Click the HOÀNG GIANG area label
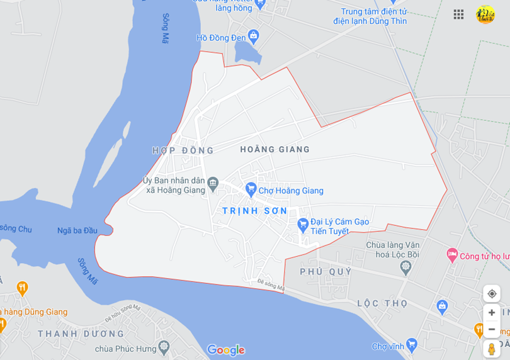point(275,149)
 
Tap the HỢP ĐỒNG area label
point(183,150)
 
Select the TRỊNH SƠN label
point(255,211)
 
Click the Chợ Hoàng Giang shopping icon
point(251,188)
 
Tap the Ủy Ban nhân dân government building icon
point(213,183)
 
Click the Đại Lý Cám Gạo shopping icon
point(303,223)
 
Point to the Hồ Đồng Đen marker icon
point(254,35)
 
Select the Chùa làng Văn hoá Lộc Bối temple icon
point(406,267)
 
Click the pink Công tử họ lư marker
point(451,254)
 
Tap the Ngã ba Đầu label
point(77,230)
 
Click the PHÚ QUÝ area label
point(326,271)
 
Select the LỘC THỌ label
point(377,303)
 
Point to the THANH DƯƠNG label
point(81,334)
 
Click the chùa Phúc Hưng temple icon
point(164,346)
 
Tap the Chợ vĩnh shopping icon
point(412,344)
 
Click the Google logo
point(225,350)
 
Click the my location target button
point(492,293)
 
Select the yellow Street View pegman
point(491,349)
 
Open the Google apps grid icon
point(458,14)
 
